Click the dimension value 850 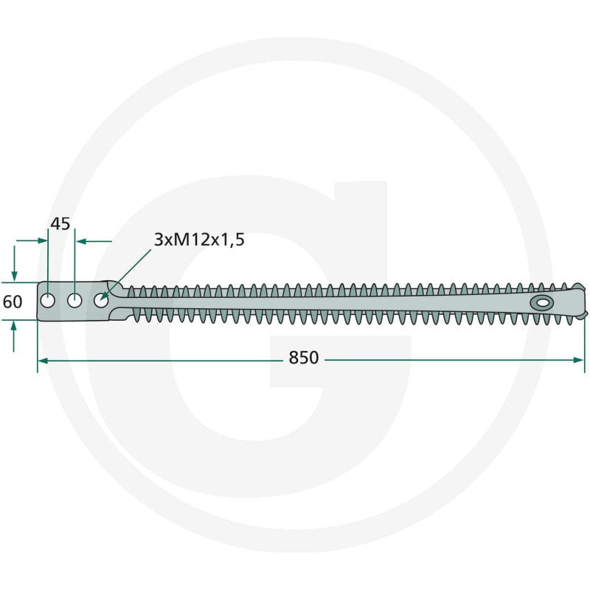[x=303, y=358]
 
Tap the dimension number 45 [x=60, y=224]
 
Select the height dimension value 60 [x=13, y=302]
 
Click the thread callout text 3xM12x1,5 [x=199, y=239]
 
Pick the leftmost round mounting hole [x=48, y=301]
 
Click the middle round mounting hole [x=74, y=301]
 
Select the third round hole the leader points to [x=101, y=301]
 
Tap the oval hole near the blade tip [x=542, y=302]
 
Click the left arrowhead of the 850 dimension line [x=43, y=361]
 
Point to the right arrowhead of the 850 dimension [x=579, y=360]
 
